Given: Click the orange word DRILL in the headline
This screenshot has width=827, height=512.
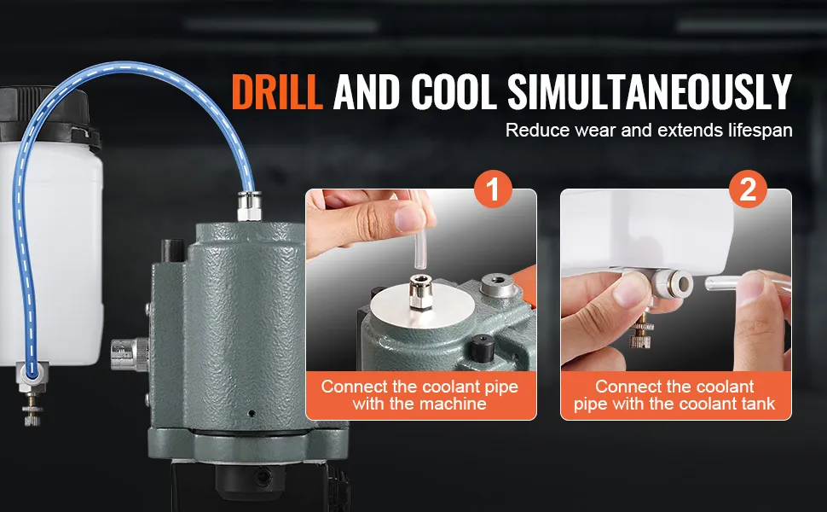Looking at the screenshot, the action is [277, 91].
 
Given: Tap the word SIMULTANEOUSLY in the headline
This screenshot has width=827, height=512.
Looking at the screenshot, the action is [650, 91].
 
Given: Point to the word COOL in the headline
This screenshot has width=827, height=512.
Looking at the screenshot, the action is [453, 91].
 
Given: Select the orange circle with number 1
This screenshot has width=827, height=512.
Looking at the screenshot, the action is [493, 189].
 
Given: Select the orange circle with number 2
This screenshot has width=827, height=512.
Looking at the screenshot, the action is [748, 189].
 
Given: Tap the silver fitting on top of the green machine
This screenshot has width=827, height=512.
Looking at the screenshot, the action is [249, 206].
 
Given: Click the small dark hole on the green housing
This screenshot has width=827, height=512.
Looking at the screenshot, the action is [252, 413].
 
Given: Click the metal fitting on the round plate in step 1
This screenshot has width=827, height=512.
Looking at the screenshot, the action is [421, 292].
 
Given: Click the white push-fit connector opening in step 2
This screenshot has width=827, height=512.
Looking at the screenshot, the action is [684, 284].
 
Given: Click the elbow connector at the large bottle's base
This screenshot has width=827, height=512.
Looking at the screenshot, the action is [32, 375].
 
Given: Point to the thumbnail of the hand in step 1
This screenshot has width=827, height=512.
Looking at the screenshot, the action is [408, 218].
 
